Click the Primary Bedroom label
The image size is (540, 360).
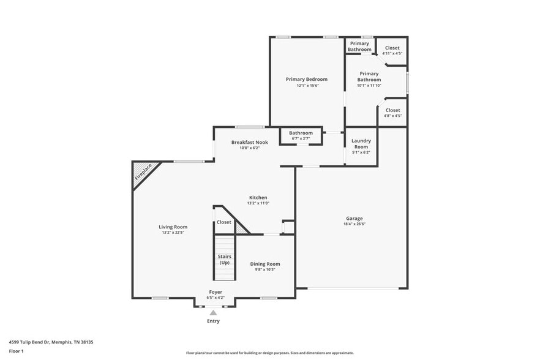click(x=306, y=79)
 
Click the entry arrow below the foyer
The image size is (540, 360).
click(x=213, y=313)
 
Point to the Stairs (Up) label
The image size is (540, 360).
click(x=224, y=259)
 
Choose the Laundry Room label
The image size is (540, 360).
click(x=361, y=144)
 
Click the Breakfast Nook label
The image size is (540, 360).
click(x=249, y=142)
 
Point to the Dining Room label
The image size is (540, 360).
click(x=265, y=264)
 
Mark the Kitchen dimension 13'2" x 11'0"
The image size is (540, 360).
click(x=258, y=203)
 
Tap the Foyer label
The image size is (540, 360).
click(x=216, y=292)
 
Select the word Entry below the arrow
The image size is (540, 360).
click(x=213, y=321)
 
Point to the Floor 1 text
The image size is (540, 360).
click(x=16, y=351)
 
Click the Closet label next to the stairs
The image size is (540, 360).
click(x=223, y=222)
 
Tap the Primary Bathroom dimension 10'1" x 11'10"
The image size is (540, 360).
click(x=369, y=85)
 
